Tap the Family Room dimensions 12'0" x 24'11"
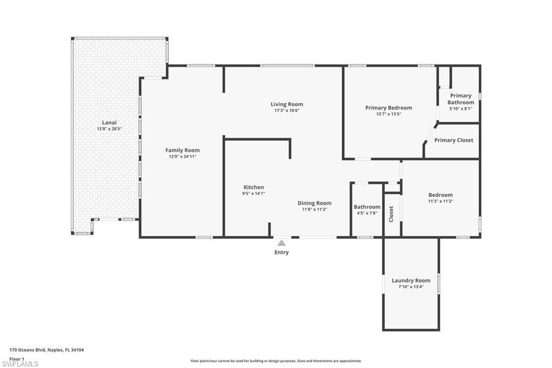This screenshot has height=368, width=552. pos(182,156)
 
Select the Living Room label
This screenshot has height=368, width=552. pos(286,104)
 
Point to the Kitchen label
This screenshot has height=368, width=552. pos(253,187)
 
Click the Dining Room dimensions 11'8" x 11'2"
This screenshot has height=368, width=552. pos(314,209)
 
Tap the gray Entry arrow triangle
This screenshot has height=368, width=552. pos(281,243)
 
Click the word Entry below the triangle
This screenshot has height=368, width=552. pos(281,252)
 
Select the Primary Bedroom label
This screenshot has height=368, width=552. pos(388,108)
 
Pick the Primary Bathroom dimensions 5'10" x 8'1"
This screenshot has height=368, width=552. pos(460,108)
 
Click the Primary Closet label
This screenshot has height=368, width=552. pos(453,140)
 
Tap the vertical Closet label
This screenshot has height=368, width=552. pos(391,214)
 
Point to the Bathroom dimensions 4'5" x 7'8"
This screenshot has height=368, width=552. pos(367,213)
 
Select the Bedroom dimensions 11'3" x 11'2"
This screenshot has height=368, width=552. pos(440,201)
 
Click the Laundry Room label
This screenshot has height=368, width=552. pos(411,281)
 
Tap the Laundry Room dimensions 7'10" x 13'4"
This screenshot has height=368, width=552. pos(411,287)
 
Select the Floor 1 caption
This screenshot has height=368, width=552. pos(17,358)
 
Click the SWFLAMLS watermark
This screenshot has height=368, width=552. pos(20,364)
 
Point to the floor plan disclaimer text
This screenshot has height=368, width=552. pos(275,361)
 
